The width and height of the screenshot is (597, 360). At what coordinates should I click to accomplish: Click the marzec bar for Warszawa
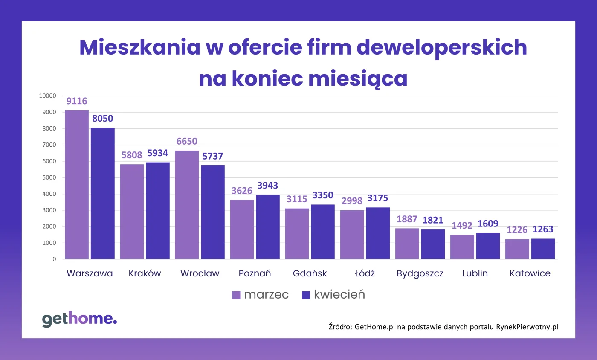(77, 185)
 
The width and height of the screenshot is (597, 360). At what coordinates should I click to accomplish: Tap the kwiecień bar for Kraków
(158, 211)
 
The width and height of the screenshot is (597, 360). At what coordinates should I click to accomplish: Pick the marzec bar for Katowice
(517, 249)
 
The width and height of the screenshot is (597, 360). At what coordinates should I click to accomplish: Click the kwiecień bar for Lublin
(488, 246)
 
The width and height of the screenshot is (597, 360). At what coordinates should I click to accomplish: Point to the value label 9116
(77, 102)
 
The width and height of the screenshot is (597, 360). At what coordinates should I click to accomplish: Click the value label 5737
(212, 157)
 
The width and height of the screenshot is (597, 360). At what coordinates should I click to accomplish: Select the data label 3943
(267, 186)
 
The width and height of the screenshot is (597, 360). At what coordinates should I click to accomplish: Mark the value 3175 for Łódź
(377, 198)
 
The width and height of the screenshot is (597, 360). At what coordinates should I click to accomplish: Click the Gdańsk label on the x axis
(310, 273)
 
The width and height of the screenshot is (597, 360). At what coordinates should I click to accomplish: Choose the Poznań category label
(255, 273)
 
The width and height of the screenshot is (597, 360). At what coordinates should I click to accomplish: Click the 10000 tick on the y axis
(47, 96)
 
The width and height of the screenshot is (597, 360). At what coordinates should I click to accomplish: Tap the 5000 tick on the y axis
(49, 177)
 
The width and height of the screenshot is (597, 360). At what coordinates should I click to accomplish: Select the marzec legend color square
(236, 295)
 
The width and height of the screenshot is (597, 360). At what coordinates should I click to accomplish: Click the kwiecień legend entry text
(339, 295)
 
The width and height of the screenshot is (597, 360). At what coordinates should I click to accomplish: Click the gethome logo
(79, 319)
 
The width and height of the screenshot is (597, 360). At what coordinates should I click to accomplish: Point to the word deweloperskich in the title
(441, 48)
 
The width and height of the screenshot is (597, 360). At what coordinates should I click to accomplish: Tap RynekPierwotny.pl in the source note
(527, 327)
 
